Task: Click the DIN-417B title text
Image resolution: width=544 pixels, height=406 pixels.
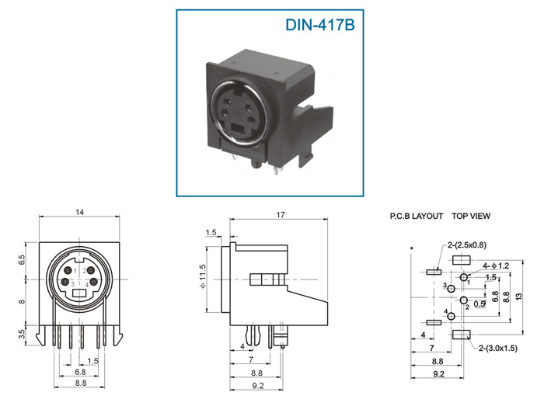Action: (320, 25)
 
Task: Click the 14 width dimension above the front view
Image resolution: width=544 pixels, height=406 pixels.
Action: (80, 212)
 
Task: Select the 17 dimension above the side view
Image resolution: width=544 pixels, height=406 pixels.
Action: (281, 215)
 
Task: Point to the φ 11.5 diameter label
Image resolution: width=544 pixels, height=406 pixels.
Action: (203, 276)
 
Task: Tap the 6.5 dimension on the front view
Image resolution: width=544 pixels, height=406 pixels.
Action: (22, 260)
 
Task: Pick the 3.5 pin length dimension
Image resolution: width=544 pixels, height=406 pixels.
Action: (22, 335)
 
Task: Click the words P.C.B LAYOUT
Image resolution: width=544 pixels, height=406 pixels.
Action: (417, 216)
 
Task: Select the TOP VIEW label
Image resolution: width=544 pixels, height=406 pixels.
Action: (471, 216)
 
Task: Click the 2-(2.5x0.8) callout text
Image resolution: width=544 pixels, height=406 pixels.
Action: (466, 245)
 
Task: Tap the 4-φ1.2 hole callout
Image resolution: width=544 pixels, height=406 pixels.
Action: (496, 265)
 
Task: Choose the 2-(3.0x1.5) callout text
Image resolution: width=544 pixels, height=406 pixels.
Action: (498, 348)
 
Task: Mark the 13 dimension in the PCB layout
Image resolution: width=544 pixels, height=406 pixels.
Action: (518, 297)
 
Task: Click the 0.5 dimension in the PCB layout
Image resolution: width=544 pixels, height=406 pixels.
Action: (479, 304)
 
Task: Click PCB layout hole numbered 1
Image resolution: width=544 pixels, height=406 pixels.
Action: (464, 277)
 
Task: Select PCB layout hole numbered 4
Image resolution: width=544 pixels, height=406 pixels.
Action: (451, 316)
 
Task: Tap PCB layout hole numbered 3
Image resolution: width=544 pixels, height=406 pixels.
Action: (451, 289)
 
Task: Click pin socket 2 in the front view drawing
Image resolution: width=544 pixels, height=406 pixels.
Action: (91, 270)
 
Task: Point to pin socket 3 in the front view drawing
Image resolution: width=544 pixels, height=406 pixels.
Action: (65, 282)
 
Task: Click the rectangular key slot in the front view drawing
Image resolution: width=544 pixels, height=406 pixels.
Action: (79, 293)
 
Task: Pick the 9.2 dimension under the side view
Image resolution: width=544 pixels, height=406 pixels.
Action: (258, 386)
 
